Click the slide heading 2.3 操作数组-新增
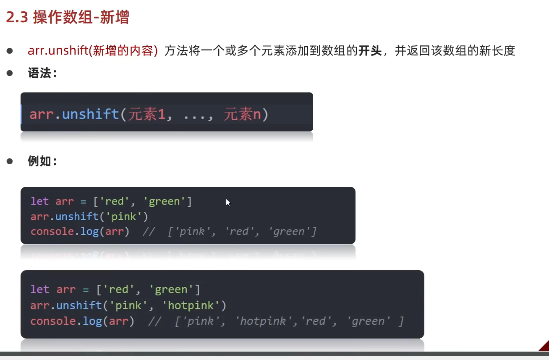tap(68, 18)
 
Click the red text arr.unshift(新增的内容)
tap(93, 51)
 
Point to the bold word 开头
tap(370, 51)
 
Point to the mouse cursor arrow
tap(228, 202)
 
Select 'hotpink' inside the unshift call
tap(191, 305)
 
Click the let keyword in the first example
tap(39, 201)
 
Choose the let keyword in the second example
tap(39, 289)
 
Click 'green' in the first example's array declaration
tap(165, 201)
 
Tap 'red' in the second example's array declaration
tap(118, 289)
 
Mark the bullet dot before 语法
tap(10, 73)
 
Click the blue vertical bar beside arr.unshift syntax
tap(21, 114)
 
